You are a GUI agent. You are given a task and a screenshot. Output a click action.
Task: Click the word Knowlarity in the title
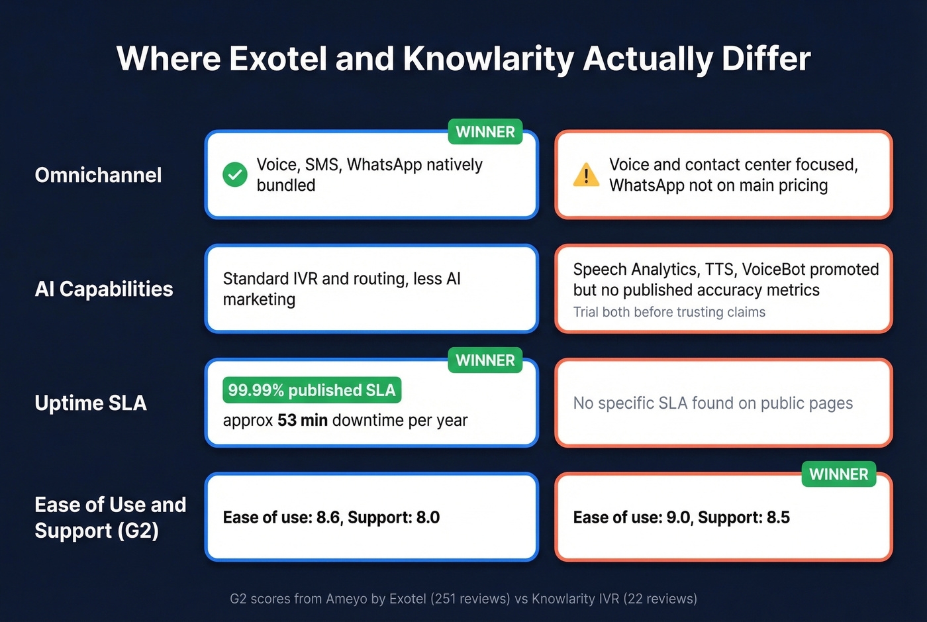pyautogui.click(x=489, y=59)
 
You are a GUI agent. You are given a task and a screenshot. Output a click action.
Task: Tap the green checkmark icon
pyautogui.click(x=234, y=175)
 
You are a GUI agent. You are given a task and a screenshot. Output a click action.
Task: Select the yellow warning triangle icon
pyautogui.click(x=586, y=176)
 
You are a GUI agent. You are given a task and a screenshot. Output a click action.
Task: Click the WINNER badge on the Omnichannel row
pyautogui.click(x=485, y=132)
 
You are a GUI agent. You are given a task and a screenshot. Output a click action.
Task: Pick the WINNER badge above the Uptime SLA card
pyautogui.click(x=485, y=360)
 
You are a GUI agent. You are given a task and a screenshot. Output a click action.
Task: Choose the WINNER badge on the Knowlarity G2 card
pyautogui.click(x=838, y=474)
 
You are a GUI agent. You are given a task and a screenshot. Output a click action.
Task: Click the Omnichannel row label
pyautogui.click(x=98, y=175)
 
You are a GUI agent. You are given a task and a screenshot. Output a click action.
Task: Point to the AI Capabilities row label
pyautogui.click(x=104, y=289)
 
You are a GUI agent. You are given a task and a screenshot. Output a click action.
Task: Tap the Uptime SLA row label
pyautogui.click(x=91, y=403)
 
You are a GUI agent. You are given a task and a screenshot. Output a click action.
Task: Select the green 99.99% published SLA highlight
pyautogui.click(x=312, y=390)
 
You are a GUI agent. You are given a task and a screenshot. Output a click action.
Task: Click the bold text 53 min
pyautogui.click(x=302, y=421)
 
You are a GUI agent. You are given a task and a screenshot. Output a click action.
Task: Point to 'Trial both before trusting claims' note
pyautogui.click(x=669, y=312)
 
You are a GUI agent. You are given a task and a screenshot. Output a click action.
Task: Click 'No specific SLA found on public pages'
pyautogui.click(x=712, y=403)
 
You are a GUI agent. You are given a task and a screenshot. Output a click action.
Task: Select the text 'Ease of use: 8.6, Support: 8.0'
pyautogui.click(x=331, y=517)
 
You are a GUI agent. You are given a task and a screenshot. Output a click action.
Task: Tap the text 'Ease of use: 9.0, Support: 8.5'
pyautogui.click(x=681, y=517)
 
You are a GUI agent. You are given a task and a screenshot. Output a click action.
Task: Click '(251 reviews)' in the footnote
pyautogui.click(x=470, y=599)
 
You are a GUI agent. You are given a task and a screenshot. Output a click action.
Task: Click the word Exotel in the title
pyautogui.click(x=278, y=59)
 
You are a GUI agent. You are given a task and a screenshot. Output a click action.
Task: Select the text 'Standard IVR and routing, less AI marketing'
pyautogui.click(x=342, y=289)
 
